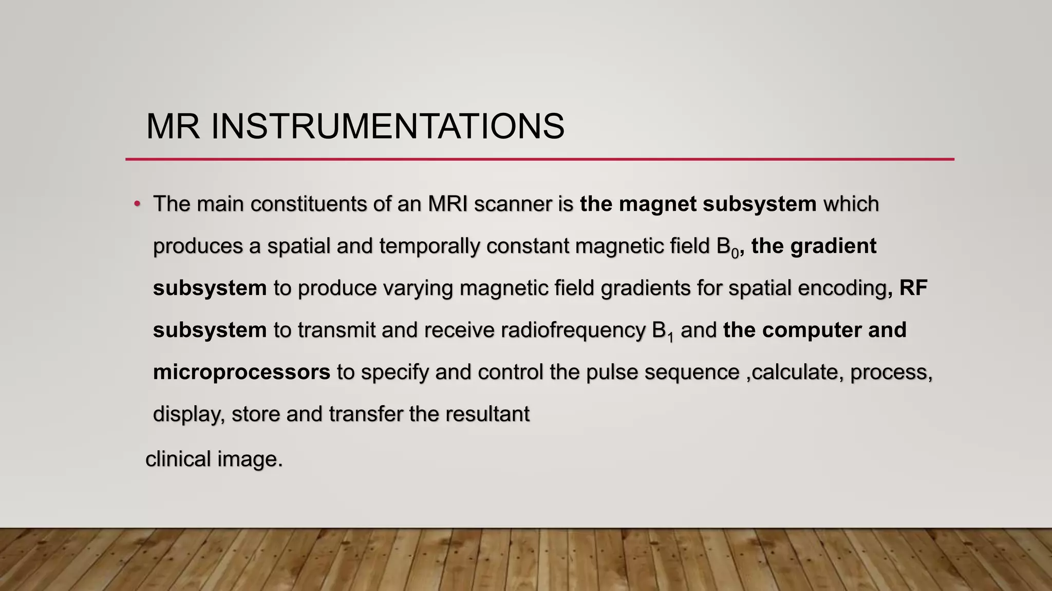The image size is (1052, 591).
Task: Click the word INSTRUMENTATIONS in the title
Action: [x=388, y=126]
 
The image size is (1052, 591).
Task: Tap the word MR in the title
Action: [x=173, y=126]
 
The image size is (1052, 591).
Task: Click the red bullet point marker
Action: [x=137, y=204]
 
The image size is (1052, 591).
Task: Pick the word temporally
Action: [x=429, y=246]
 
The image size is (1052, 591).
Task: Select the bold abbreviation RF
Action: [x=913, y=288]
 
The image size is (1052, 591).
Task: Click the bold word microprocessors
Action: [x=241, y=372]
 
